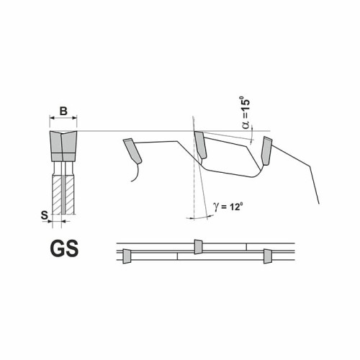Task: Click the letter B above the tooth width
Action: [63, 111]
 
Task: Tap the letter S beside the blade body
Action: [44, 215]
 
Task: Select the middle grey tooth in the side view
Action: [199, 146]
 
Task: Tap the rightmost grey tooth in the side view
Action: [266, 149]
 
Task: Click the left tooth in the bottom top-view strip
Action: [126, 255]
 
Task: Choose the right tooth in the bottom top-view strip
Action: [267, 255]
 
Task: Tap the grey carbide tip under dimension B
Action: [63, 145]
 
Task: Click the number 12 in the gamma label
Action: [235, 207]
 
